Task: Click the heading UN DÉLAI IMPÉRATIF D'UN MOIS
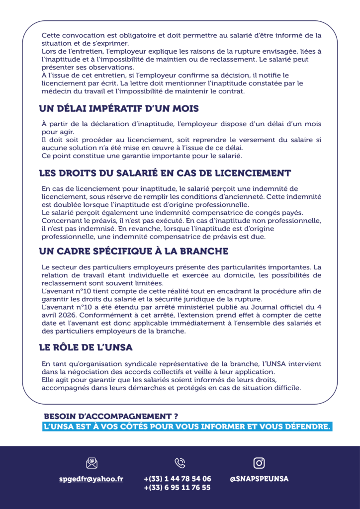pyautogui.click(x=119, y=109)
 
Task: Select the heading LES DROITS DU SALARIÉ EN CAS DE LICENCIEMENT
pyautogui.click(x=165, y=173)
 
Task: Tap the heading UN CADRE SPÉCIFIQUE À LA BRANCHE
pyautogui.click(x=133, y=251)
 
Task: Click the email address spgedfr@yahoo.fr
pyautogui.click(x=91, y=479)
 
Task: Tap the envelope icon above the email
pyautogui.click(x=91, y=463)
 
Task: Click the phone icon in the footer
pyautogui.click(x=180, y=463)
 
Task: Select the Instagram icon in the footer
pyautogui.click(x=259, y=463)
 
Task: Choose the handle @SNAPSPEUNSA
pyautogui.click(x=259, y=479)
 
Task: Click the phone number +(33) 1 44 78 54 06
pyautogui.click(x=178, y=479)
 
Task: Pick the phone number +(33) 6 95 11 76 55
pyautogui.click(x=178, y=488)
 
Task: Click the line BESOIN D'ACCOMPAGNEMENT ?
pyautogui.click(x=111, y=416)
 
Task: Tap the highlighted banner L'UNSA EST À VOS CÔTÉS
pyautogui.click(x=186, y=427)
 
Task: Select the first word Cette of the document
pyautogui.click(x=51, y=35)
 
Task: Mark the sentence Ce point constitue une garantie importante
pyautogui.click(x=141, y=156)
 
